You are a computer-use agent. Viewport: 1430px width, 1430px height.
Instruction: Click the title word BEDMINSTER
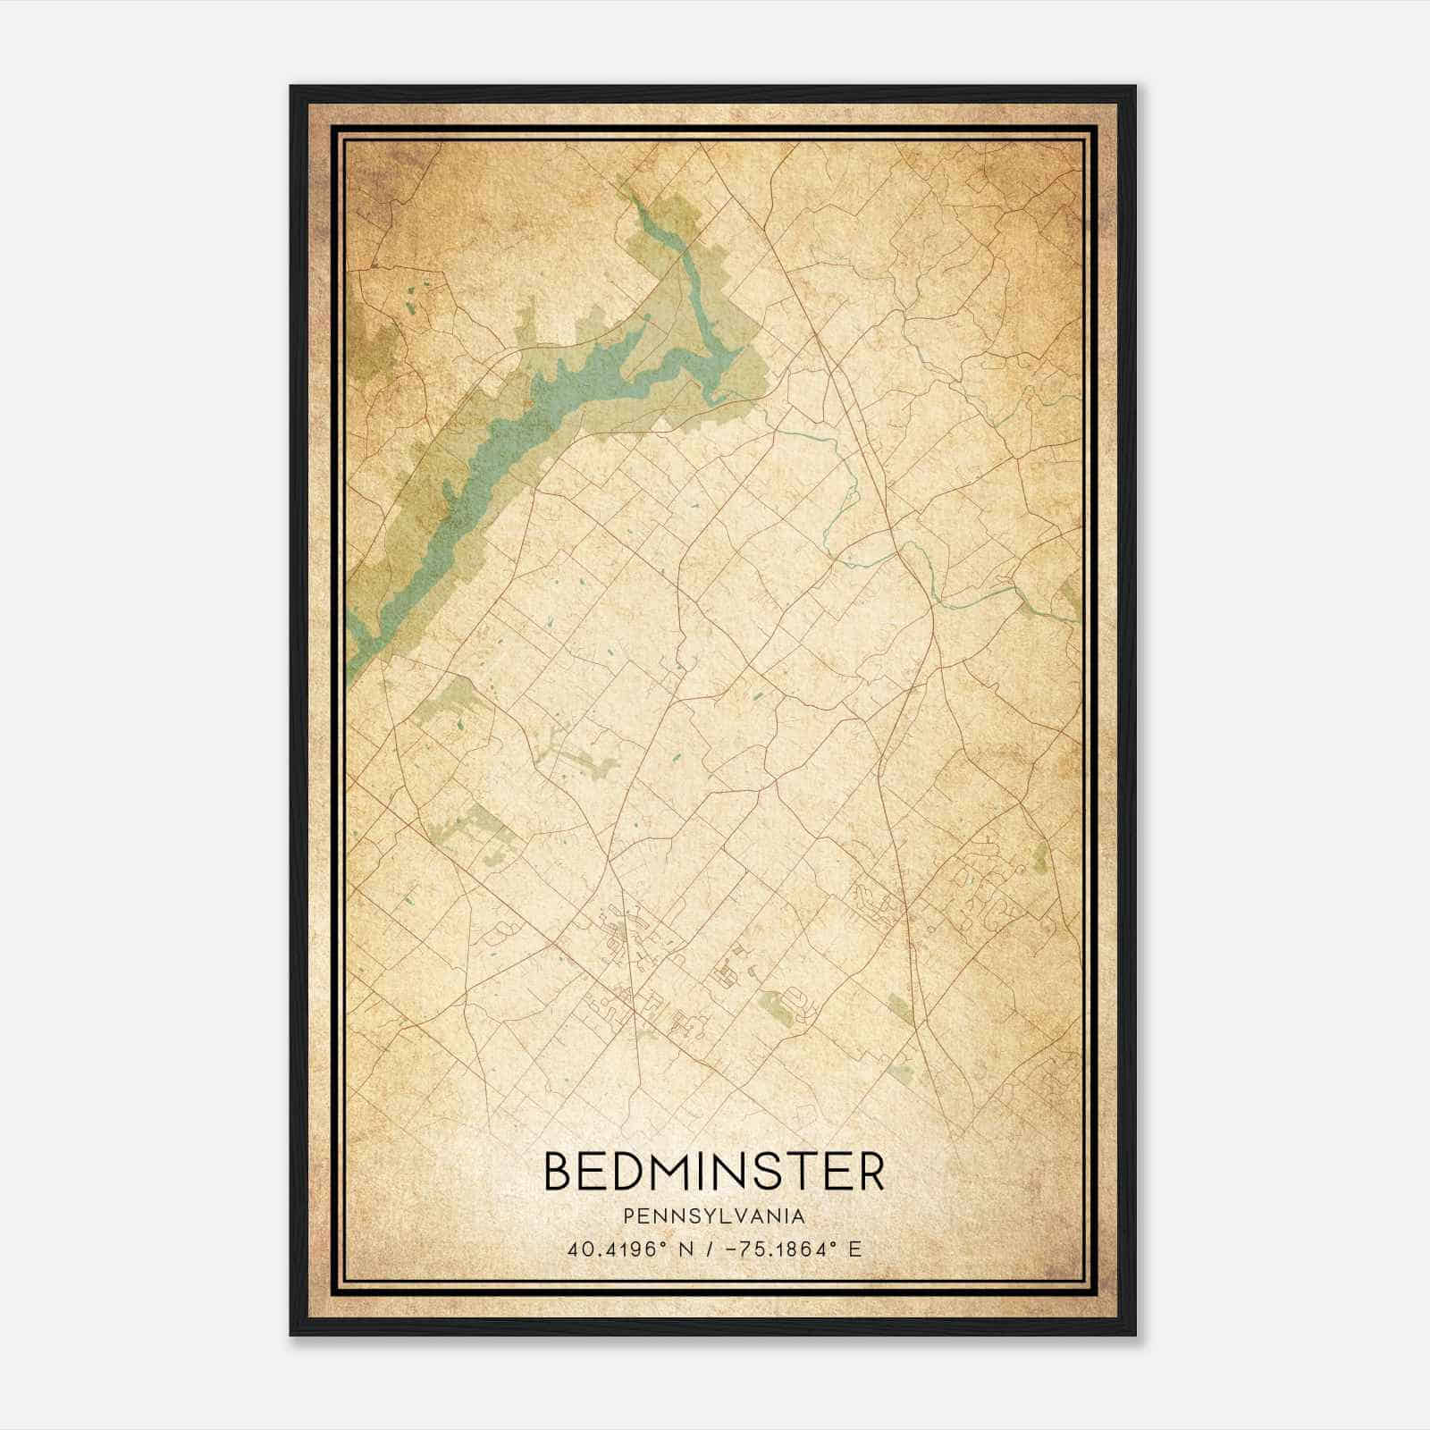tap(714, 1172)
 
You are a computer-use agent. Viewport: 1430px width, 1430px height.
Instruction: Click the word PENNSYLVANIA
tap(714, 1215)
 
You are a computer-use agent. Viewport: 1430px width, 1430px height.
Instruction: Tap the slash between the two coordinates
tap(706, 1249)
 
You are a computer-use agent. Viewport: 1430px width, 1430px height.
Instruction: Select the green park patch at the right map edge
tap(1071, 594)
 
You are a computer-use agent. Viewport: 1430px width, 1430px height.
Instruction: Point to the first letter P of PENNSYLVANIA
tap(629, 1215)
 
